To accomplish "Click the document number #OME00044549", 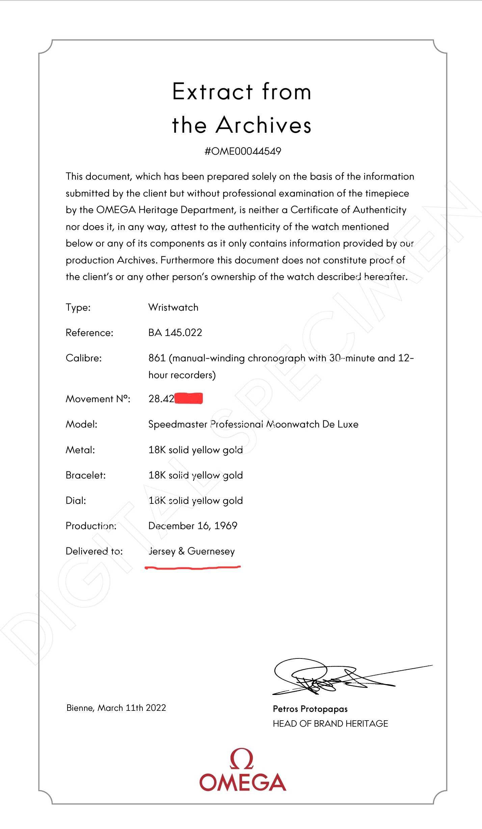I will tap(243, 151).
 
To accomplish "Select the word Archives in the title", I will tap(263, 125).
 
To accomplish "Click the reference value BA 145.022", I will tap(175, 333).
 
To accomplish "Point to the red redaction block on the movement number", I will tap(189, 398).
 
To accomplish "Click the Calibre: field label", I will tap(84, 358).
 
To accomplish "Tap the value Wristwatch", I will tap(173, 307).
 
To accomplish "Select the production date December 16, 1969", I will tap(193, 526).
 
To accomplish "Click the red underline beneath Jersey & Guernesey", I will tap(192, 568).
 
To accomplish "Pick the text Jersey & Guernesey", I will tap(192, 551).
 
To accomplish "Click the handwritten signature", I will tap(324, 677).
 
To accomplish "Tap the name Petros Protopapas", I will tap(310, 709).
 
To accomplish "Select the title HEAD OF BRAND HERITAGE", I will tap(330, 724).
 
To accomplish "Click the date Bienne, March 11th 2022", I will tap(116, 708).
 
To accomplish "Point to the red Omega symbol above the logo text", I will tap(242, 759).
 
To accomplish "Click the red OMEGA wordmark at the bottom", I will tap(243, 782).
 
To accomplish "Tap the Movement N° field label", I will tap(98, 399).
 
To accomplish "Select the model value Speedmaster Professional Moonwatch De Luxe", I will tap(253, 424).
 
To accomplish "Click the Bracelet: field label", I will tap(86, 475).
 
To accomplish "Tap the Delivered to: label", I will tap(94, 551).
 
